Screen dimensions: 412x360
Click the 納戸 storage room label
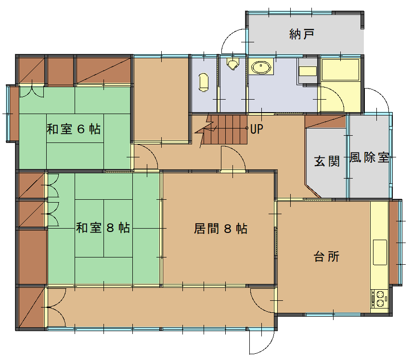[x=302, y=34]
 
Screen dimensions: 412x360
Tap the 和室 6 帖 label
[x=74, y=129]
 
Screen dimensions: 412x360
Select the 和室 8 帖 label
[x=103, y=228]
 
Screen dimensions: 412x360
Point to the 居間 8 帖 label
[x=220, y=229]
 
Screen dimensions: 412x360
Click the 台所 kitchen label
[x=327, y=257]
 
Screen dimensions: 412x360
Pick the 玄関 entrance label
[x=327, y=161]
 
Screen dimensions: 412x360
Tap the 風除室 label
[x=369, y=157]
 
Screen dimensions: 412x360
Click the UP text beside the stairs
[x=257, y=129]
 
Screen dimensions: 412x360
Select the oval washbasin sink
[x=261, y=67]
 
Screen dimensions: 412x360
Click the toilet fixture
[x=232, y=64]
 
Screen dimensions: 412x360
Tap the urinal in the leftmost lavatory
[x=204, y=82]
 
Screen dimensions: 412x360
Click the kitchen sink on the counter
[x=380, y=252]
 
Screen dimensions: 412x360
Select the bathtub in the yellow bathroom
[x=341, y=70]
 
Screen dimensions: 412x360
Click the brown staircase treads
[x=224, y=129]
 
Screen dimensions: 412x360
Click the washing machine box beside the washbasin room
[x=308, y=71]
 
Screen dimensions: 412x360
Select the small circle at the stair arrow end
[x=247, y=128]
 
